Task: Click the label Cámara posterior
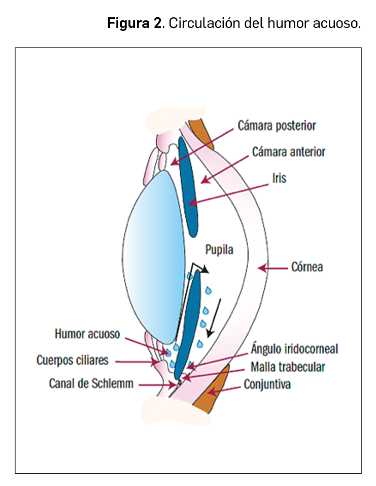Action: [x=277, y=126]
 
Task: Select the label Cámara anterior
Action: [x=289, y=152]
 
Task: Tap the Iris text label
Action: [x=279, y=178]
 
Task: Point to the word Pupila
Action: [x=219, y=249]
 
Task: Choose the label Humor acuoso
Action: [x=87, y=334]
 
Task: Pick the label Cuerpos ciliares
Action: [x=73, y=361]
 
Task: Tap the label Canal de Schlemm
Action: [x=91, y=383]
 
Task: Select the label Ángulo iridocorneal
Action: [x=294, y=349]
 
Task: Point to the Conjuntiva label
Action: [x=267, y=384]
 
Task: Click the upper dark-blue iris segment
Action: [x=187, y=188]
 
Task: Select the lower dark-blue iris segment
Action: [x=188, y=325]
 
